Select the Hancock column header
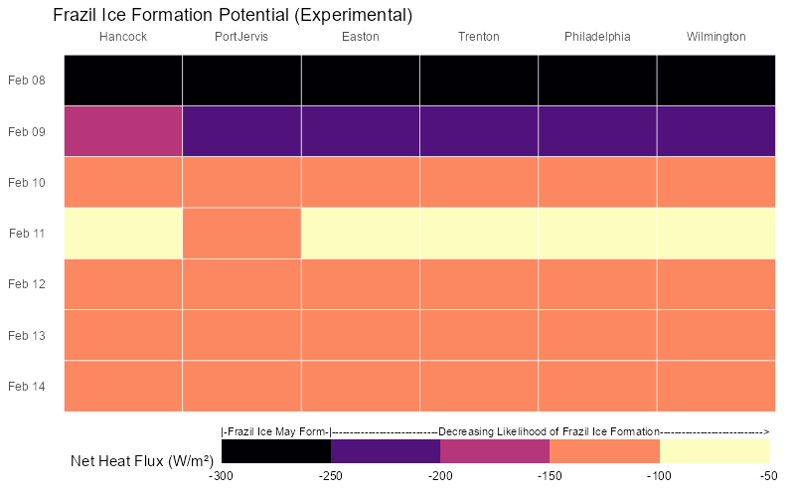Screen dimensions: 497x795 [123, 38]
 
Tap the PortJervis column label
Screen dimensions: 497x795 [241, 38]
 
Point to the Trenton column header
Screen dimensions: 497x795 [479, 38]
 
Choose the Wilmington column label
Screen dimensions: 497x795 [715, 38]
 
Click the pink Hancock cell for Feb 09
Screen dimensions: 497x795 [123, 131]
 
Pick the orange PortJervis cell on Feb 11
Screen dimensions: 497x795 [241, 234]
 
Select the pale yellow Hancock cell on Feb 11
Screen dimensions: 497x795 [123, 234]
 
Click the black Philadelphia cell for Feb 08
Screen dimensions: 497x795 [597, 80]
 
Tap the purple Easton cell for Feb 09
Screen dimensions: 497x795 [360, 131]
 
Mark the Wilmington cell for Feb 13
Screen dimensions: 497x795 [715, 335]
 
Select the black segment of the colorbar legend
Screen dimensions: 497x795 [276, 451]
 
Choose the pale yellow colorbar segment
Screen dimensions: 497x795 [714, 451]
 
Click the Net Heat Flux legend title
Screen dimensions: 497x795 [142, 461]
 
